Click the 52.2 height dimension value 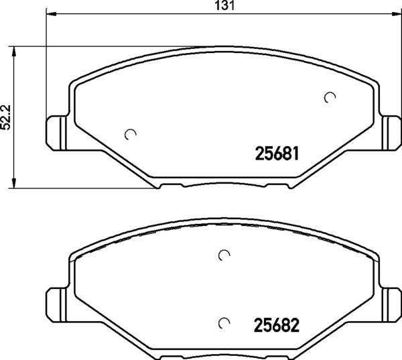[x=7, y=117]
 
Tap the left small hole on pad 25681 [x=131, y=134]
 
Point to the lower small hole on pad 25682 [x=225, y=324]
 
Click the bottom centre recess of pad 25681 [x=224, y=184]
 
